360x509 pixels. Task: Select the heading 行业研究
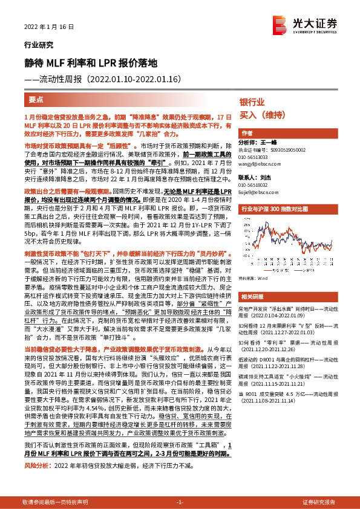click(39, 45)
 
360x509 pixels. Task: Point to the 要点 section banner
click(36, 99)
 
